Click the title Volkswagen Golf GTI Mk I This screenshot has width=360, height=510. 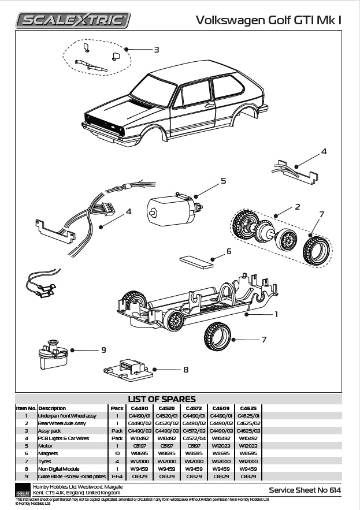click(268, 20)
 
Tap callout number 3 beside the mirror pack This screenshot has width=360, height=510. click(156, 50)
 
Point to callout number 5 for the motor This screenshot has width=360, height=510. click(223, 181)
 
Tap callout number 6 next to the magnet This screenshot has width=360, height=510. click(228, 251)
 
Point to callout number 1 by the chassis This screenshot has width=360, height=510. click(276, 315)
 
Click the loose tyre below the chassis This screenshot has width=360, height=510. click(217, 337)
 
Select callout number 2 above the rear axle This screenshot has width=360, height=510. click(297, 206)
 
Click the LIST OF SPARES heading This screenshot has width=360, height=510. click(161, 399)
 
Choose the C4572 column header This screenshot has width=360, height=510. click(194, 408)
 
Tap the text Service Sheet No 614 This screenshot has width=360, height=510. click(305, 490)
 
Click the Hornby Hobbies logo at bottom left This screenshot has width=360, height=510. click(23, 490)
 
